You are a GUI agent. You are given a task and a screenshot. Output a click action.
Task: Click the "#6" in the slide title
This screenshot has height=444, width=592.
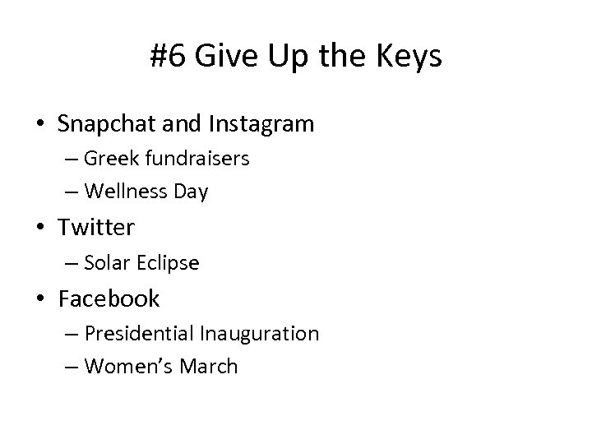[x=167, y=57]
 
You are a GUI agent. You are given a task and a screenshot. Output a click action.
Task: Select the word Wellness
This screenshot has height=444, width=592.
[x=123, y=192]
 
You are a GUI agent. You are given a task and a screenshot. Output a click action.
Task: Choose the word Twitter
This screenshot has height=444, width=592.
[x=97, y=226]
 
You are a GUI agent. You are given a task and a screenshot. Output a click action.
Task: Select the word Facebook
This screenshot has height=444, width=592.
[x=109, y=298]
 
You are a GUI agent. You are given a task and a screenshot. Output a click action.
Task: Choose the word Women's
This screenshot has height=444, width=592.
[x=125, y=366]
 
